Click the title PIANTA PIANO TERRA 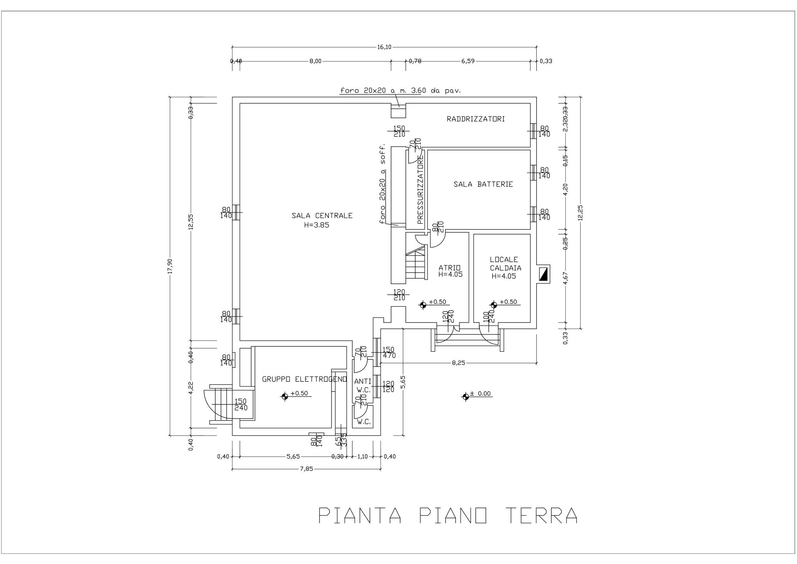(448, 515)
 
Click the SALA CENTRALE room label (322, 215)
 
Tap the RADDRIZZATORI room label (476, 119)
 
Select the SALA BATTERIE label (483, 184)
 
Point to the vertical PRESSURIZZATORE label (420, 189)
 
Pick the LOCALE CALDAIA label (505, 264)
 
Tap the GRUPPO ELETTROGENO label (304, 379)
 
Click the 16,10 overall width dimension (384, 47)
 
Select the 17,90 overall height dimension (170, 266)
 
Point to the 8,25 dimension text (458, 363)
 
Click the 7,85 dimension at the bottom (306, 469)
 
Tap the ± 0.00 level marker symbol (465, 397)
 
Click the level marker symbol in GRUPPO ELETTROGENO (284, 397)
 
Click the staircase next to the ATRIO (415, 264)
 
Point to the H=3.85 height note (316, 225)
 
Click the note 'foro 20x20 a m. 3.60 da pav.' (400, 91)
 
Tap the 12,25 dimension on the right (580, 213)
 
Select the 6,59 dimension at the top (468, 61)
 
